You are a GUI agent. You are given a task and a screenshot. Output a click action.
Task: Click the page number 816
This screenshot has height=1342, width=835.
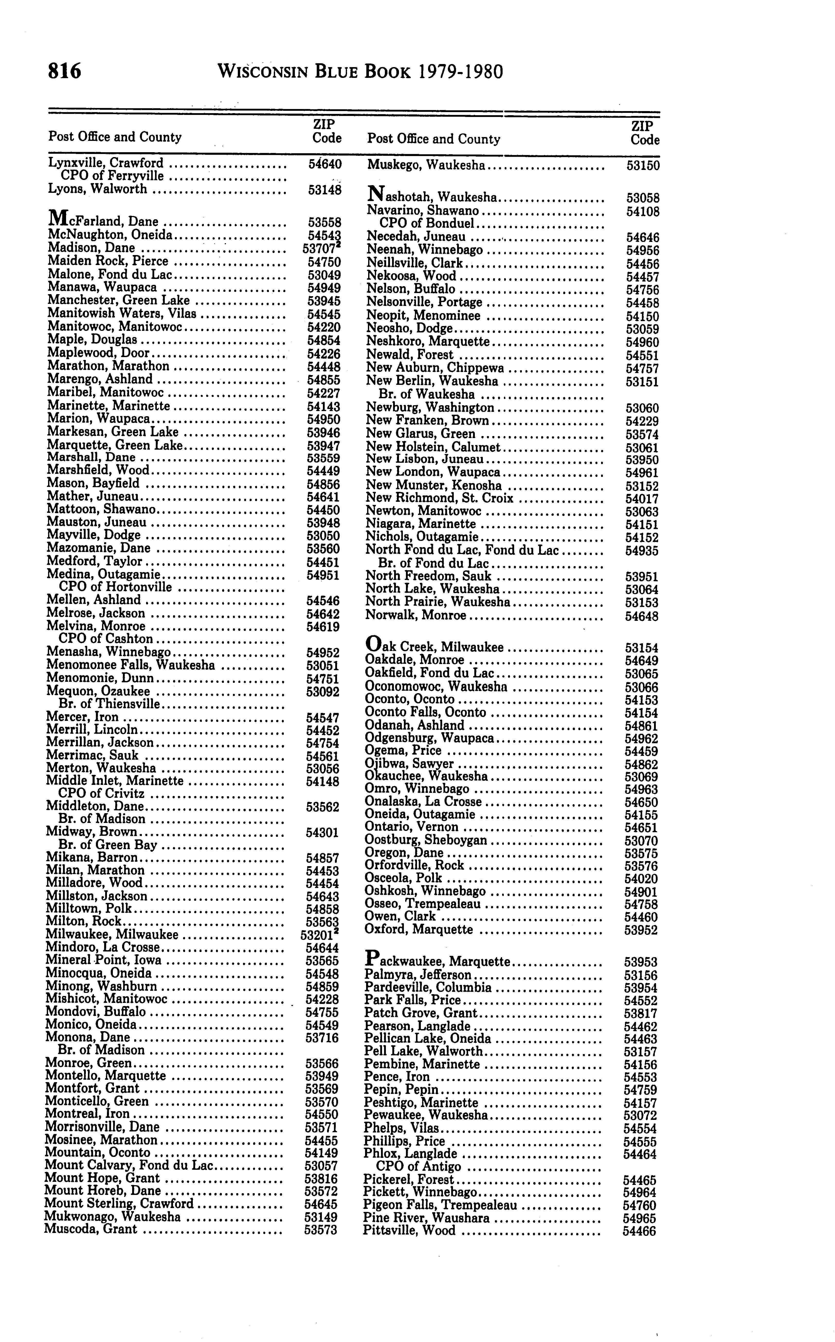65,72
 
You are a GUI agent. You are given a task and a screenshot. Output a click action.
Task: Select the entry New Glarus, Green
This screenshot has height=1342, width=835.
420,434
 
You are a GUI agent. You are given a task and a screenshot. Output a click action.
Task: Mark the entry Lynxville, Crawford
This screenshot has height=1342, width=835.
105,163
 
